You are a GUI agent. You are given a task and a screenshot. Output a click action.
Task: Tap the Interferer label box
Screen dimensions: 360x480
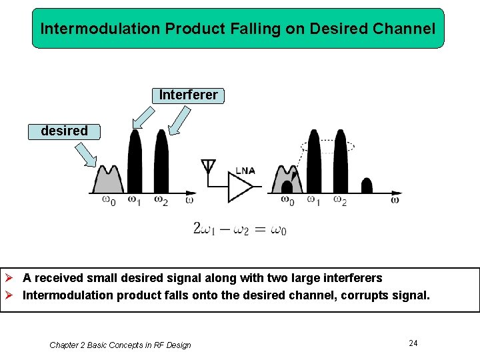pyautogui.click(x=188, y=95)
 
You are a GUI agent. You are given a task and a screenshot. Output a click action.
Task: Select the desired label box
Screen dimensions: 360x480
pyautogui.click(x=64, y=131)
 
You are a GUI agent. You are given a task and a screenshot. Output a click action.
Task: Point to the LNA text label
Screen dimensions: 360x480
pyautogui.click(x=245, y=171)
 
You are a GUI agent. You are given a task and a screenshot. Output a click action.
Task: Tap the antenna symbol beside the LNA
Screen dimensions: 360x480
pyautogui.click(x=208, y=166)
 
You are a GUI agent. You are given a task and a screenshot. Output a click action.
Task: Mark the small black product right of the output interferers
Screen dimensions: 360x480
pyautogui.click(x=366, y=185)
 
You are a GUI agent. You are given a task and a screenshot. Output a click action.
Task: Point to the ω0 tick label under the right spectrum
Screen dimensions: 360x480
pyautogui.click(x=287, y=199)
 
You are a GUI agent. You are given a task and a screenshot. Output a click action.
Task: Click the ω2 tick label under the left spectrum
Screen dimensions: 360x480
pyautogui.click(x=161, y=200)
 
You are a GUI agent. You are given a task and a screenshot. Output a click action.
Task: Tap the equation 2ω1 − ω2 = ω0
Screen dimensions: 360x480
pyautogui.click(x=240, y=229)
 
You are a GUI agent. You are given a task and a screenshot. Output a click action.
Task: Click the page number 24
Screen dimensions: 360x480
pyautogui.click(x=413, y=343)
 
